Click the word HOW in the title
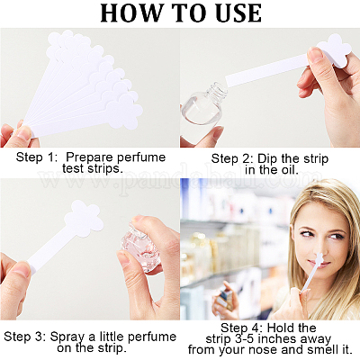(x=130, y=13)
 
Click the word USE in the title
(x=236, y=13)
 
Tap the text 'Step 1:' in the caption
(x=37, y=157)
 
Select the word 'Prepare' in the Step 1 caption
(x=89, y=157)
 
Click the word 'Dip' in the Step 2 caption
(x=267, y=159)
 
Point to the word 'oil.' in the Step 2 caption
(x=288, y=170)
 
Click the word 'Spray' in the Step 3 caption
(x=68, y=337)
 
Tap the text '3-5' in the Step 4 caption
(x=244, y=339)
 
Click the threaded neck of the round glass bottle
(x=218, y=91)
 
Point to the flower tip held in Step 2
(x=335, y=50)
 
